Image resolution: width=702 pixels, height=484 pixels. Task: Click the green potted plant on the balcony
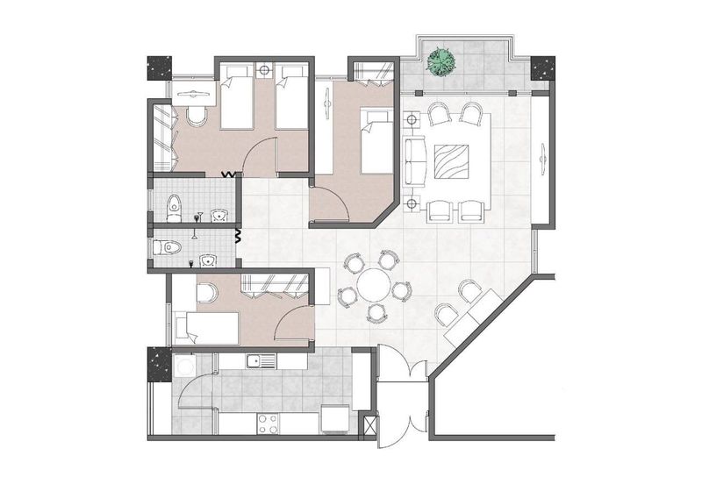441,62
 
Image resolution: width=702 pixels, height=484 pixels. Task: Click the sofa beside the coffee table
414,162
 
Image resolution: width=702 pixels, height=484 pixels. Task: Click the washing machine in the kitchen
186,364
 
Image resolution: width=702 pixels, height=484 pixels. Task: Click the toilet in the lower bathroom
167,248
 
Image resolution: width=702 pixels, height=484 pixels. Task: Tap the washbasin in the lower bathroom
208,260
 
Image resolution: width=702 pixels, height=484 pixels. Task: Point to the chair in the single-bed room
207,293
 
